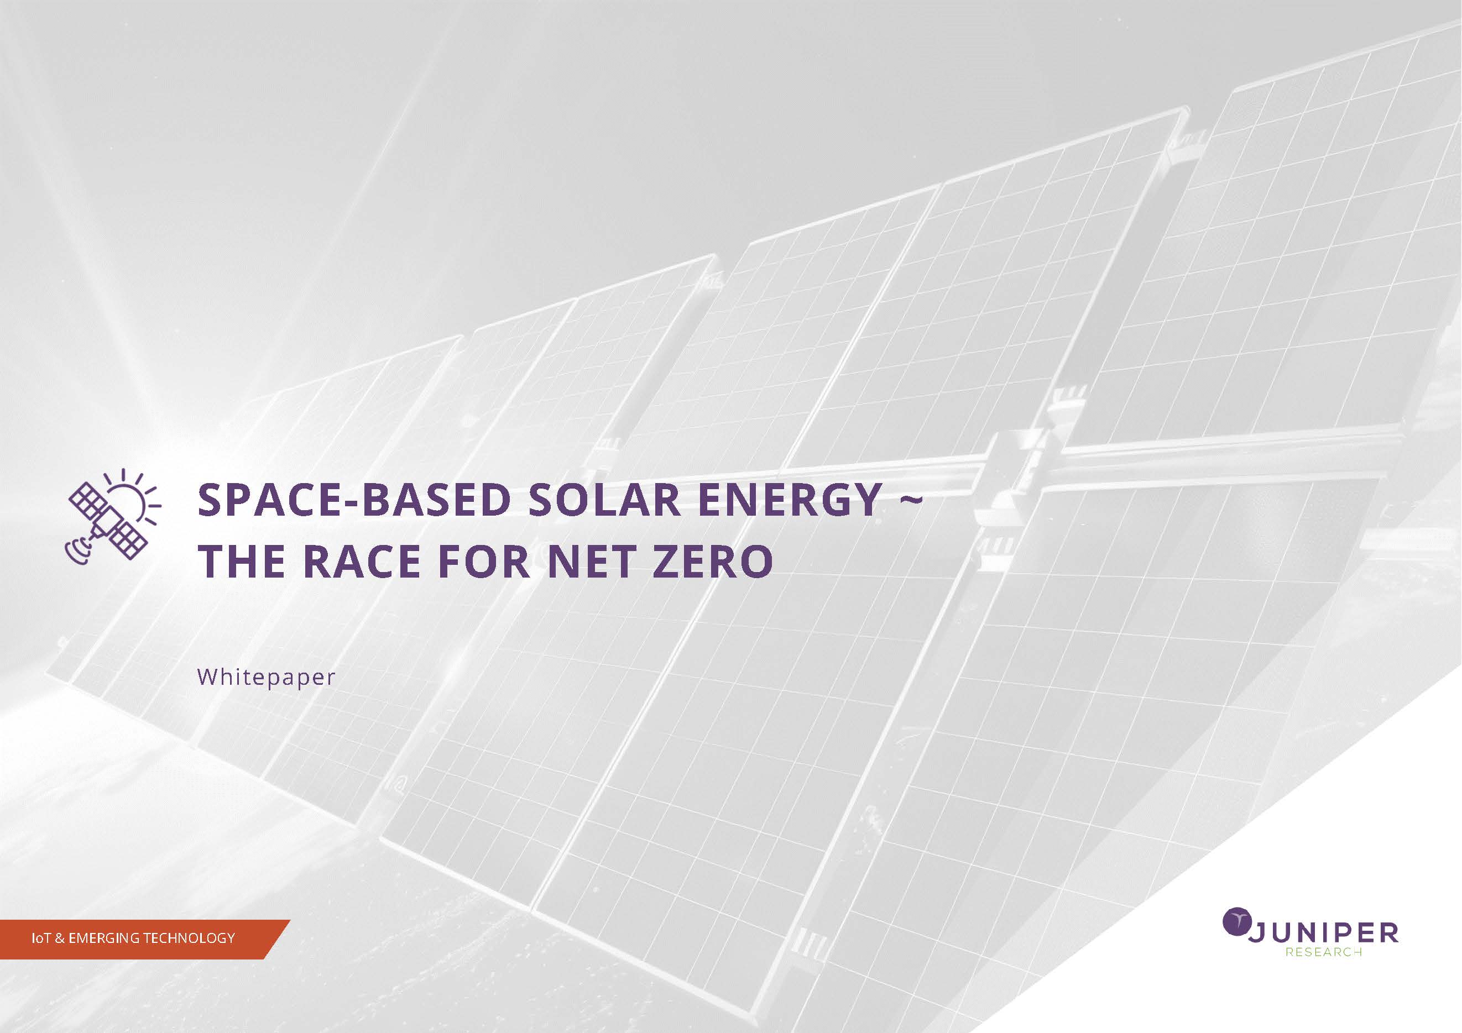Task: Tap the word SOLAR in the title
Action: (x=605, y=500)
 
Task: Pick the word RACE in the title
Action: (x=362, y=561)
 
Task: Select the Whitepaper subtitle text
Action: (x=266, y=677)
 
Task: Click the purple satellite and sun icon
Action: (x=113, y=517)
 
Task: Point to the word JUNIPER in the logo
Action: (x=1323, y=932)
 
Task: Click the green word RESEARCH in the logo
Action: (x=1323, y=953)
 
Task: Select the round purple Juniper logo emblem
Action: (x=1236, y=922)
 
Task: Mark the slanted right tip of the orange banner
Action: (x=290, y=920)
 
